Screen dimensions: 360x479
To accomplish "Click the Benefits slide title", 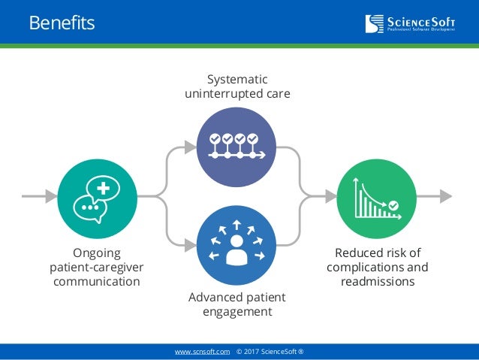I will [x=62, y=23].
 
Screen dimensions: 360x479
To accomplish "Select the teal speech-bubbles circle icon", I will [x=96, y=197].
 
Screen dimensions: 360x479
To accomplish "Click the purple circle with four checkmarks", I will [x=236, y=146].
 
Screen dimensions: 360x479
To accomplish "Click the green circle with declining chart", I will [x=377, y=197].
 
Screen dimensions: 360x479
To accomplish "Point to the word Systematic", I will [x=237, y=80].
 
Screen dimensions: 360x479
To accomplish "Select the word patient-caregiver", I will [x=97, y=268].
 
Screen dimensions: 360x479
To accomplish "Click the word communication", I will [x=96, y=282].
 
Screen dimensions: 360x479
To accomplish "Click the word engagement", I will [x=237, y=312].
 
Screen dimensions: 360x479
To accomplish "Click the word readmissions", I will [x=377, y=282].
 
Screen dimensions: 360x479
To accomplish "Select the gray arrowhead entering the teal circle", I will [x=51, y=197].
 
